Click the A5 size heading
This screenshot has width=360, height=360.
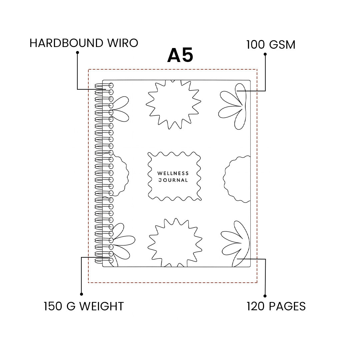[x=180, y=55]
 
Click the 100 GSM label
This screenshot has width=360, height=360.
[x=271, y=45]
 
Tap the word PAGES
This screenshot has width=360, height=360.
[x=287, y=306]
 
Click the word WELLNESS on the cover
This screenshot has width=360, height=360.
[x=173, y=173]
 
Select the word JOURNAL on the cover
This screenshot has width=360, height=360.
[x=173, y=180]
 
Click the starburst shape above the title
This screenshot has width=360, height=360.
[x=173, y=103]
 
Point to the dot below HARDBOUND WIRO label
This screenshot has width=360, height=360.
[x=77, y=52]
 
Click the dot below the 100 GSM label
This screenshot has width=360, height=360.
[x=265, y=54]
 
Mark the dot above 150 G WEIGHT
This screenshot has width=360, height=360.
[x=81, y=294]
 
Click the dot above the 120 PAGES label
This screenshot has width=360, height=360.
[x=265, y=296]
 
